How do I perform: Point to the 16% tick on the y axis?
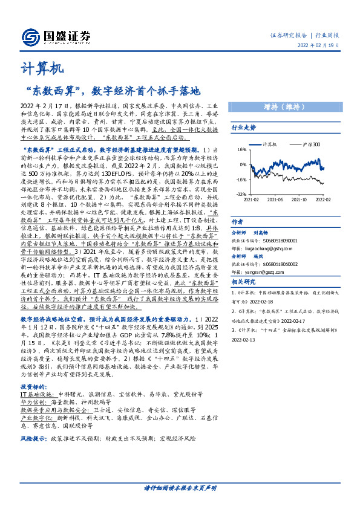point(242,149)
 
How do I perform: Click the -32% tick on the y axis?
point(241,195)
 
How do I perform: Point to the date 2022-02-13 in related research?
point(244,340)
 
